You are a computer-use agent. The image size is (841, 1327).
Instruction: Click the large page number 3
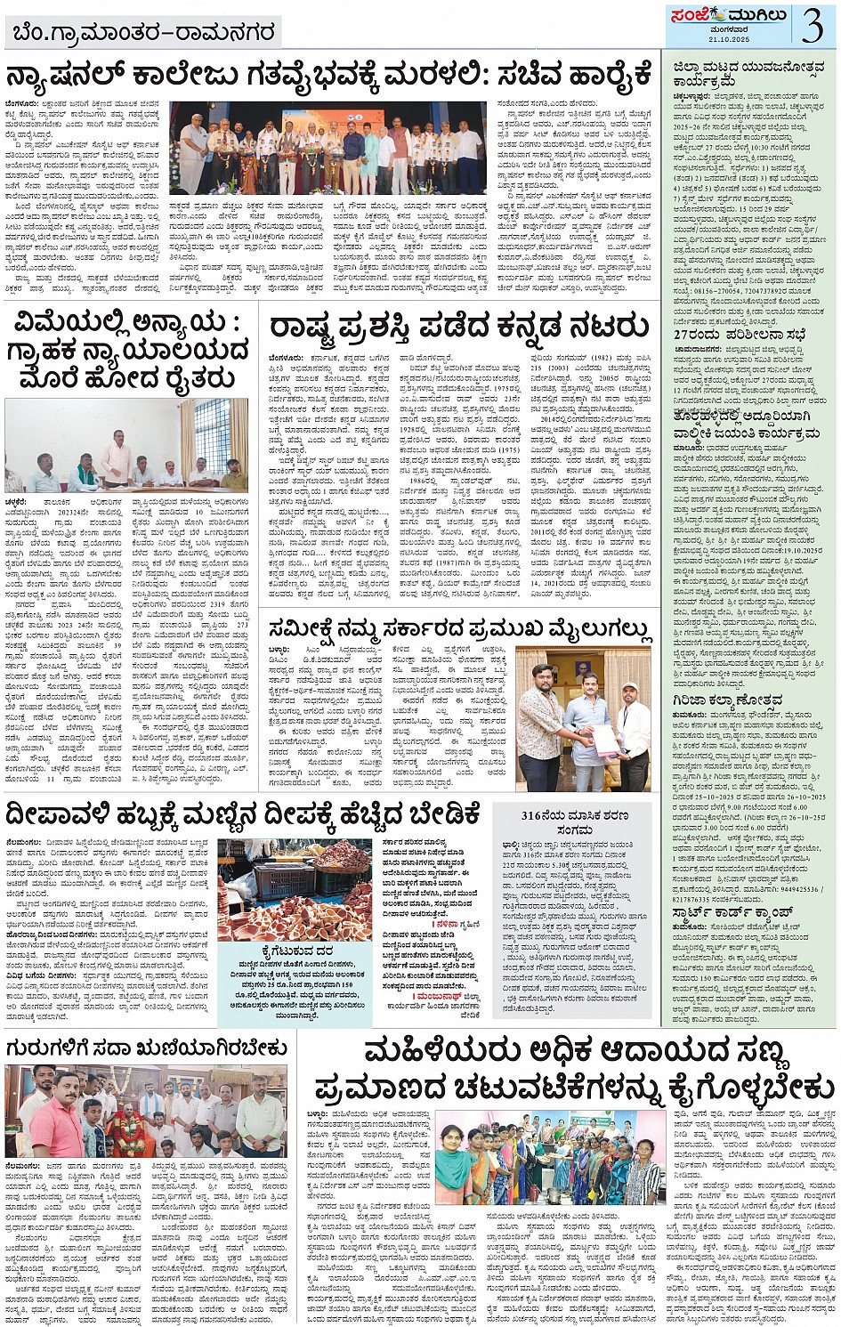coord(811,25)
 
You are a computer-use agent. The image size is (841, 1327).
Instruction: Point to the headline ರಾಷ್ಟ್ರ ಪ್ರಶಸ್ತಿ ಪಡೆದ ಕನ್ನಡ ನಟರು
coord(458,326)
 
